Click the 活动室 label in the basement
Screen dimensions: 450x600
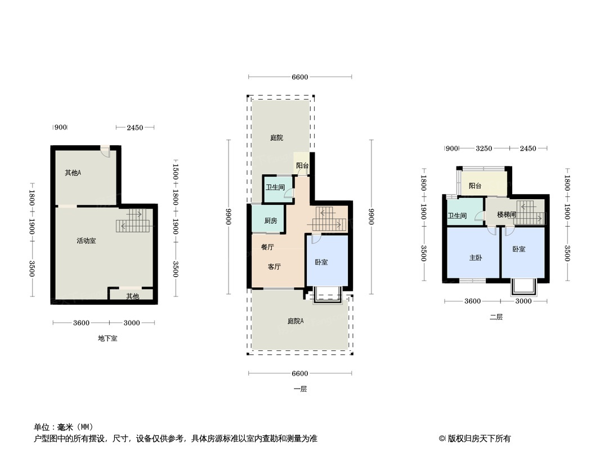coord(86,241)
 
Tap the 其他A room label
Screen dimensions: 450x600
coord(73,173)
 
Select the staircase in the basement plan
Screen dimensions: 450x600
coord(134,220)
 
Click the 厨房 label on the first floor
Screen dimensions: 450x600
coord(271,221)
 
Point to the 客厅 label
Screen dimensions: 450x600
coord(274,267)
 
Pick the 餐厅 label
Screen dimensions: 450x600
coord(267,247)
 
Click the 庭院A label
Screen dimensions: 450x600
coord(295,321)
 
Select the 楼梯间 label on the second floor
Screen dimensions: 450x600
coord(506,214)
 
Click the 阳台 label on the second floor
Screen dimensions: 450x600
coord(475,186)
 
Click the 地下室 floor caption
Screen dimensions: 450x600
coord(108,339)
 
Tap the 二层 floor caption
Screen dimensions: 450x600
coord(496,317)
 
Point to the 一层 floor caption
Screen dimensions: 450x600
coord(300,389)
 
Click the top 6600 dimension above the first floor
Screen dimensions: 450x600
coord(300,77)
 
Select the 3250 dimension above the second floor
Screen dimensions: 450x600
coord(484,148)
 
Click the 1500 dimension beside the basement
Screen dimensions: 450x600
coord(176,169)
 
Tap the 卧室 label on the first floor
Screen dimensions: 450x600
coord(321,263)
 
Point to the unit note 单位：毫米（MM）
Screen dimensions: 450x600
coord(63,427)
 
